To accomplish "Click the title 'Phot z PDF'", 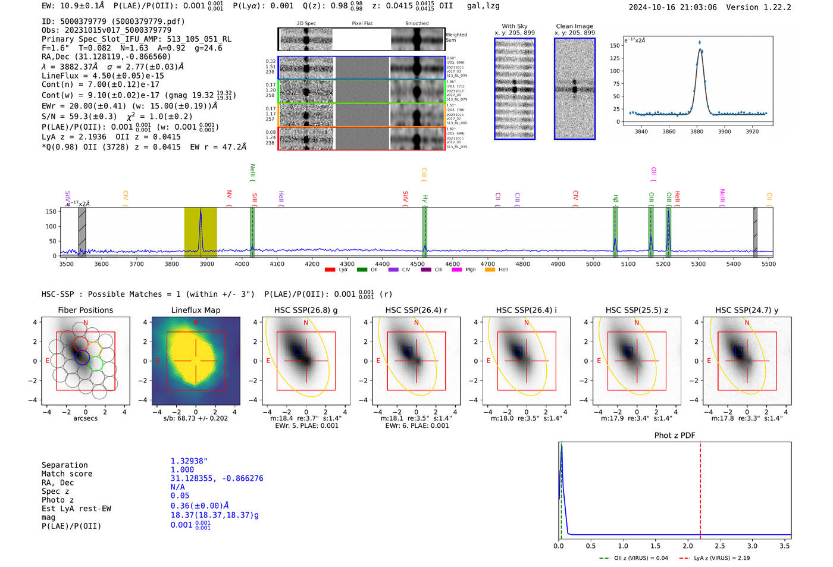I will coord(675,436).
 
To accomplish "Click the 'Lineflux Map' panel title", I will coord(195,310).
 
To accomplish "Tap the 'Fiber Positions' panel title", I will coord(85,310).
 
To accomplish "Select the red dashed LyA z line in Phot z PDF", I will coord(700,488).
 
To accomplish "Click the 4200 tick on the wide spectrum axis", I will coord(312,264).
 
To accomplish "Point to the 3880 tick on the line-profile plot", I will coord(697,131).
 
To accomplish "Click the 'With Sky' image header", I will coord(514,26).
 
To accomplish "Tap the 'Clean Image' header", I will coord(574,26).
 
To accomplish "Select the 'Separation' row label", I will coord(64,465).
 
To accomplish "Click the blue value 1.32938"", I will coord(189,461).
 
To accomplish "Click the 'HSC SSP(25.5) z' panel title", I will coord(637,310).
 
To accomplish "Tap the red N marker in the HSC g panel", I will coord(306,322).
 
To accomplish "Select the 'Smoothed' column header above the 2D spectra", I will coord(416,24).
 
